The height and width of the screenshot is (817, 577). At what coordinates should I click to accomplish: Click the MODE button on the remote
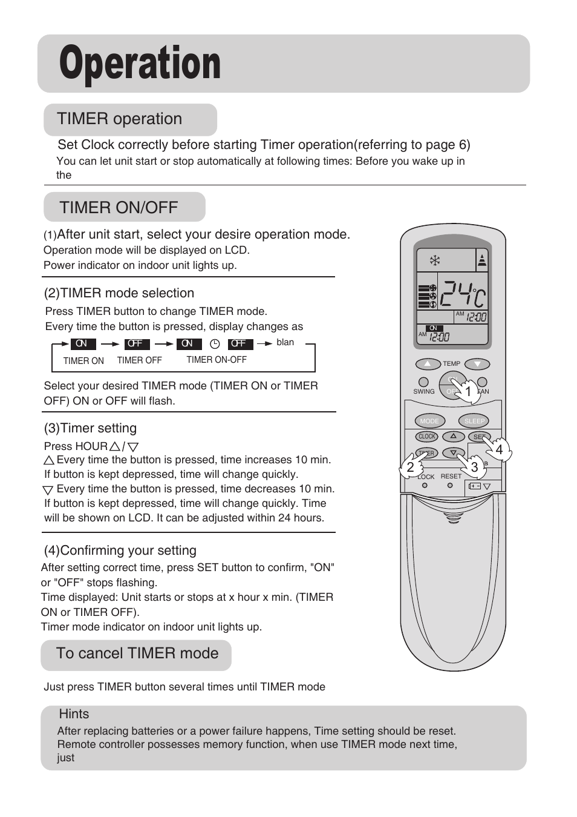tap(429, 421)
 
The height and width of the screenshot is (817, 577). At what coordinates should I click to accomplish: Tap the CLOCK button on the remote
tap(427, 437)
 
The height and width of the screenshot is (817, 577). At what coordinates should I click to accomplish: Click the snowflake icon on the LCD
tap(435, 261)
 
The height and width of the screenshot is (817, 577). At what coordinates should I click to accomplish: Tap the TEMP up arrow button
tap(428, 364)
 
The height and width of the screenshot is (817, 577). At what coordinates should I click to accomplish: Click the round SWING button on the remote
tap(423, 382)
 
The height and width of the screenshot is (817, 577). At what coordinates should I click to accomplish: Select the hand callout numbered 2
tap(411, 467)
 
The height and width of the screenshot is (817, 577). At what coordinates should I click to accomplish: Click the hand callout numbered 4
tap(498, 449)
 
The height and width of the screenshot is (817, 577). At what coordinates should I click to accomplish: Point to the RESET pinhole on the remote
tap(449, 485)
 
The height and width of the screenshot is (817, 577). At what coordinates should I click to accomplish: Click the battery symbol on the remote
tap(475, 486)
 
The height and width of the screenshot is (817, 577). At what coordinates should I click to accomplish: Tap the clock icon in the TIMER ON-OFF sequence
tap(215, 343)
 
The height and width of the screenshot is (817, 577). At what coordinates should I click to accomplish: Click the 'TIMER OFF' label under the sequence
tap(139, 360)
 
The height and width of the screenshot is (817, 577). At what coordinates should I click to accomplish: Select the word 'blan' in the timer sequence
tap(285, 342)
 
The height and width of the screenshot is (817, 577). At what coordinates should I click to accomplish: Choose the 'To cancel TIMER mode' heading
tap(137, 653)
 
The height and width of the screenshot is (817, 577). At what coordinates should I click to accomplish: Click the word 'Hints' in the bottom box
tap(74, 714)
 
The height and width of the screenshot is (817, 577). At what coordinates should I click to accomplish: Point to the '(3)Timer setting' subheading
tap(90, 428)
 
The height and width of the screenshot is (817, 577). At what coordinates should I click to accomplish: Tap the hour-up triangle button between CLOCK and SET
tap(453, 437)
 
